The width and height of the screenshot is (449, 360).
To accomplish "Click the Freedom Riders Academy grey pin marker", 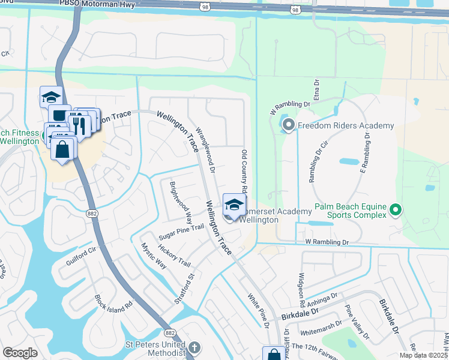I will pyautogui.click(x=288, y=125).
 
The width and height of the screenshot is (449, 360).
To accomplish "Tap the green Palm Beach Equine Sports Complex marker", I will pyautogui.click(x=395, y=210).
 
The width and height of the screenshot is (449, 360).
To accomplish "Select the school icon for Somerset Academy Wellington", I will pyautogui.click(x=233, y=205).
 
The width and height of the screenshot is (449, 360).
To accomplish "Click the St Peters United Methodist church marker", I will pyautogui.click(x=194, y=347).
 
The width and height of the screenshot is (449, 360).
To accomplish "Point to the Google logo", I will pyautogui.click(x=20, y=353).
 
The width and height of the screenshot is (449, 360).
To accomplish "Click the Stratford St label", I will pyautogui.click(x=189, y=289).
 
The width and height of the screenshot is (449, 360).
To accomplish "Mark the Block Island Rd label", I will pyautogui.click(x=113, y=303).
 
